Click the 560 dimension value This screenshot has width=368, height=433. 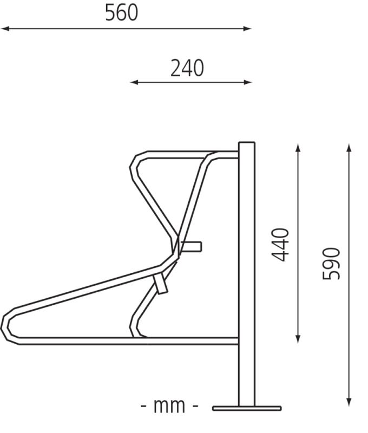click(121, 13)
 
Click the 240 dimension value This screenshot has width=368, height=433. click(187, 68)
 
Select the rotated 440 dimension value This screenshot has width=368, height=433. click(280, 245)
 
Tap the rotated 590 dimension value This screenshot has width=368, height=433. click(331, 264)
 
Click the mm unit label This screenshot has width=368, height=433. click(169, 405)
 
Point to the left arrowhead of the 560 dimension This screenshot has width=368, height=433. click(5, 29)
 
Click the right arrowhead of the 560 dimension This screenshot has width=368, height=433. click(247, 29)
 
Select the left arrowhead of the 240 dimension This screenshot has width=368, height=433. click(134, 82)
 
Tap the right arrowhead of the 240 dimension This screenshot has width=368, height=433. click(248, 82)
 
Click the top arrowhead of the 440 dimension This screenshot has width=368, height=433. click(298, 148)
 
